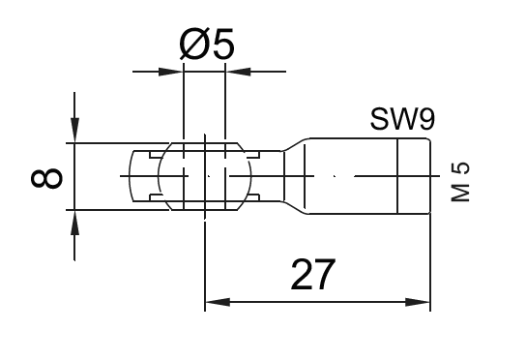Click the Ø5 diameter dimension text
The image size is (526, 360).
(207, 44)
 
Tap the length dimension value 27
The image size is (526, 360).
(311, 275)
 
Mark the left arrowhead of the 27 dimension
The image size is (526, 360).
(214, 303)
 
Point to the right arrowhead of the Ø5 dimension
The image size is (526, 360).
(234, 71)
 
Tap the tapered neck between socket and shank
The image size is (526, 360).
(292, 176)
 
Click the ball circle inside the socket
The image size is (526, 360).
(204, 176)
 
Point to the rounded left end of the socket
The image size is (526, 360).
(135, 176)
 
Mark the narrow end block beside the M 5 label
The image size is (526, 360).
(415, 176)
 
